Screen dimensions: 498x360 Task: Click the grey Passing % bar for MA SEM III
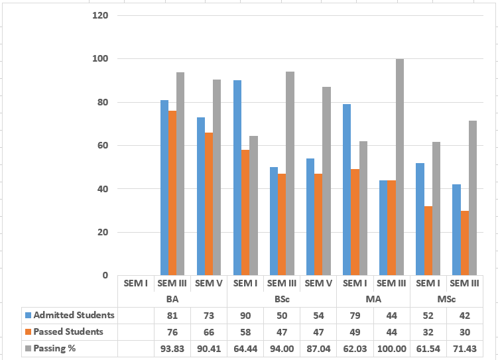(400, 167)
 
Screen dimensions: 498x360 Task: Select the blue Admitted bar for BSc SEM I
(237, 178)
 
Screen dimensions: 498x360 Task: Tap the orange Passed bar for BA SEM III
(172, 193)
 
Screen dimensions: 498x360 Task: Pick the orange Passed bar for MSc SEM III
(465, 243)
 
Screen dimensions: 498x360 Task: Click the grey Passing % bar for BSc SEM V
(326, 181)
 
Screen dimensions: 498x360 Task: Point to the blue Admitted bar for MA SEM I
(347, 190)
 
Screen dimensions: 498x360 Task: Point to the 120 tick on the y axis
(100, 15)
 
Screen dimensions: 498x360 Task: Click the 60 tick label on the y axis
(103, 145)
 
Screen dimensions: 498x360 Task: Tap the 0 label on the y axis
(105, 275)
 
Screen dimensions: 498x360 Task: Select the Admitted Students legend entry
(70, 315)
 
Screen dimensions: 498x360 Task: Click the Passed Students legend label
(68, 331)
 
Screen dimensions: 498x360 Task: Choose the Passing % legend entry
(50, 348)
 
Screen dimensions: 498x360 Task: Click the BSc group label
(282, 299)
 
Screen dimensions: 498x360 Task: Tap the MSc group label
(446, 299)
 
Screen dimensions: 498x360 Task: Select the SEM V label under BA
(209, 283)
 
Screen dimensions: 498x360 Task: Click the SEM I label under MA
(355, 283)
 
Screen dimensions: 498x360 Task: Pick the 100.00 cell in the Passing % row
(392, 349)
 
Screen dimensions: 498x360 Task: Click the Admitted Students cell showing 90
(245, 316)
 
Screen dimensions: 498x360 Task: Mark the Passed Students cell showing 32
(428, 332)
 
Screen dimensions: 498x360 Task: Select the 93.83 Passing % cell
(172, 349)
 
